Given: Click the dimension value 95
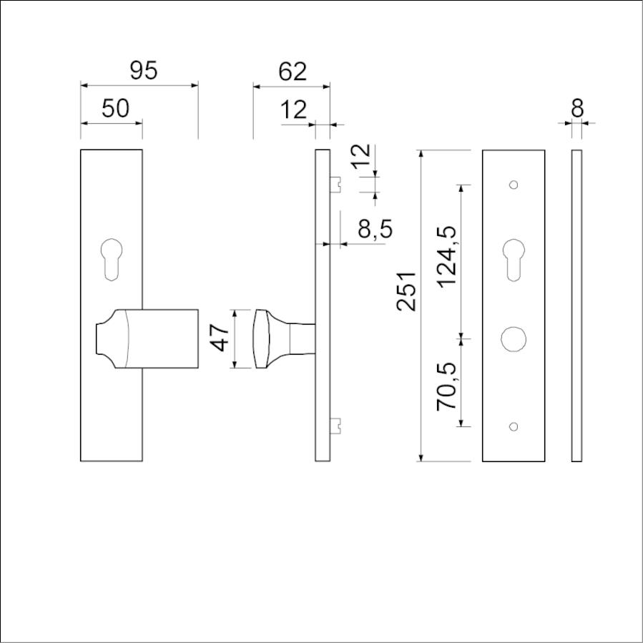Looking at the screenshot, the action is pyautogui.click(x=144, y=71).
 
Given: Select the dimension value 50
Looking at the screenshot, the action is pyautogui.click(x=115, y=109).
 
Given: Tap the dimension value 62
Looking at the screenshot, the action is pyautogui.click(x=293, y=72).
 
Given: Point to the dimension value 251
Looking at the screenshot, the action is pyautogui.click(x=406, y=290).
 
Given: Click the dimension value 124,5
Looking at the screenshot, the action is pyautogui.click(x=446, y=257).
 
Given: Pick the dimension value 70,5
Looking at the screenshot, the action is pyautogui.click(x=446, y=386).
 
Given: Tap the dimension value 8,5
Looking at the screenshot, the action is pyautogui.click(x=376, y=229).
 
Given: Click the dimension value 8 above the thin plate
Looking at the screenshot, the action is pyautogui.click(x=577, y=109).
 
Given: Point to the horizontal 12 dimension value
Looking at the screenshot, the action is pyautogui.click(x=293, y=110).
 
